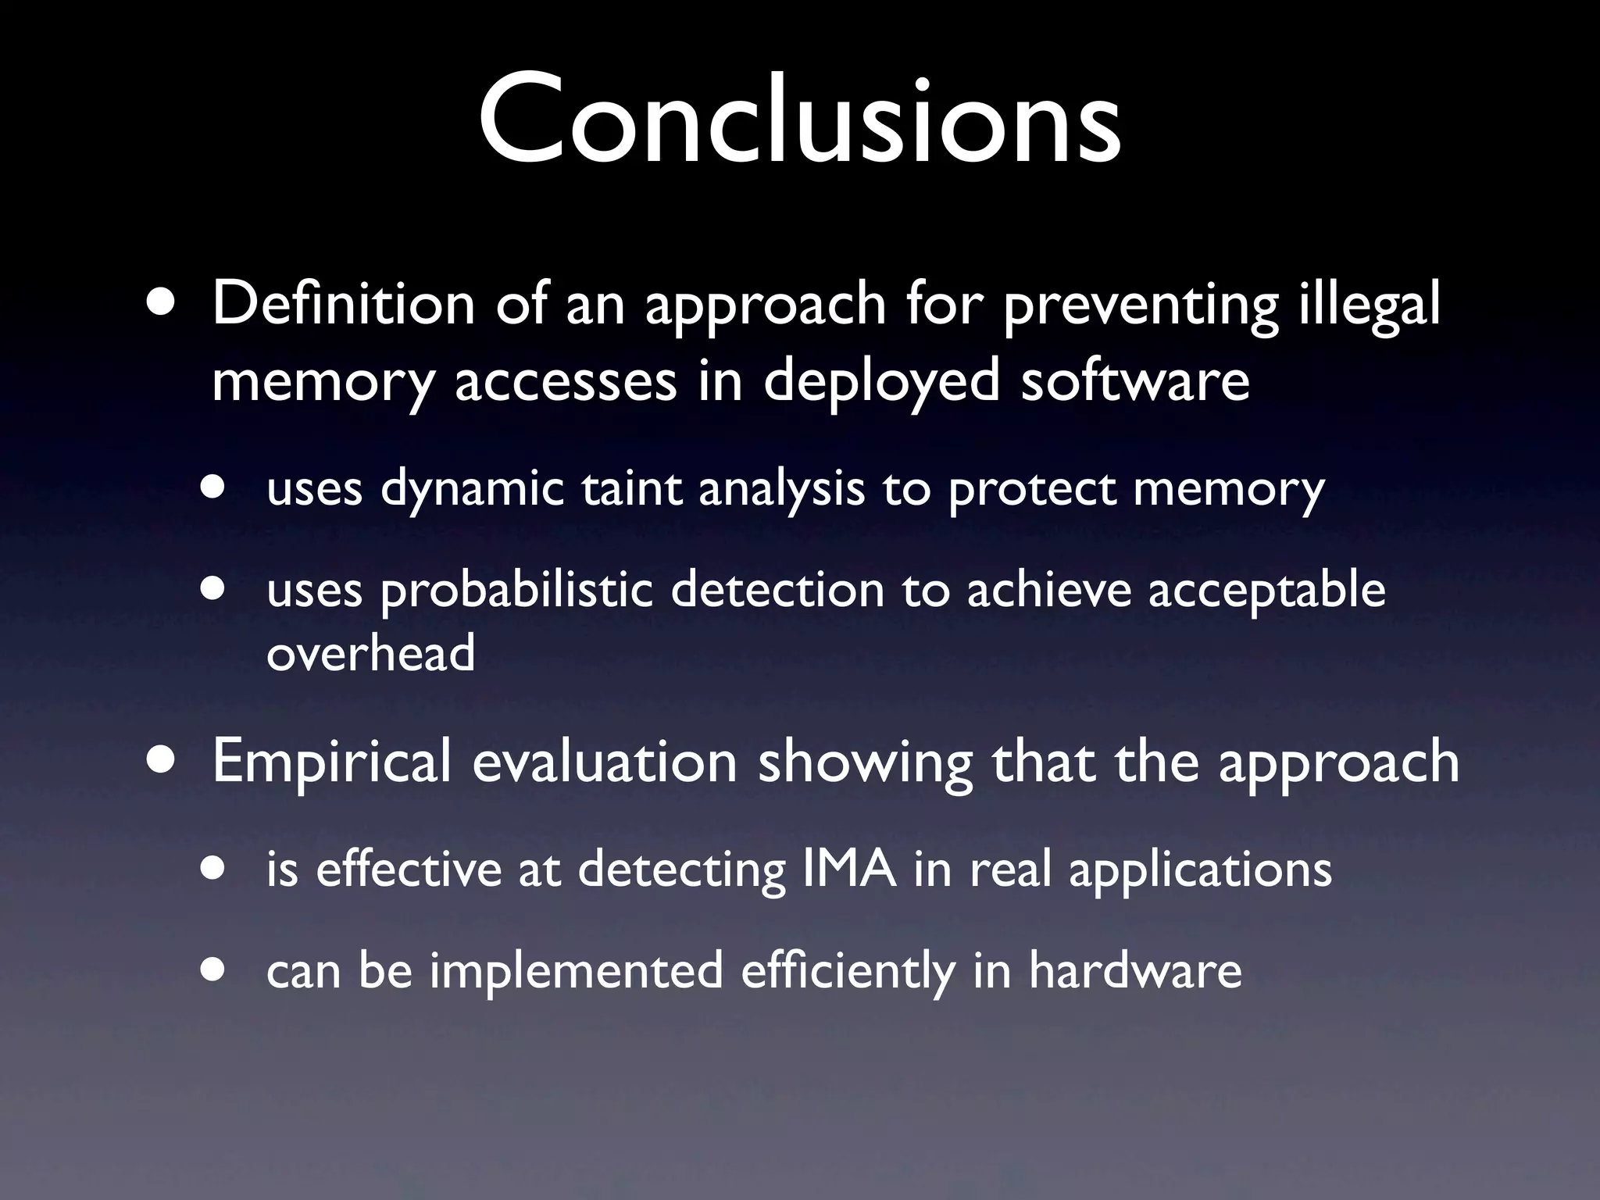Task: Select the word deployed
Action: (882, 383)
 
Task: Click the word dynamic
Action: (472, 489)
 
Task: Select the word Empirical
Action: (332, 762)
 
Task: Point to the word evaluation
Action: (605, 761)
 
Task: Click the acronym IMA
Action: (848, 869)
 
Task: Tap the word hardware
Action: (1134, 970)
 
